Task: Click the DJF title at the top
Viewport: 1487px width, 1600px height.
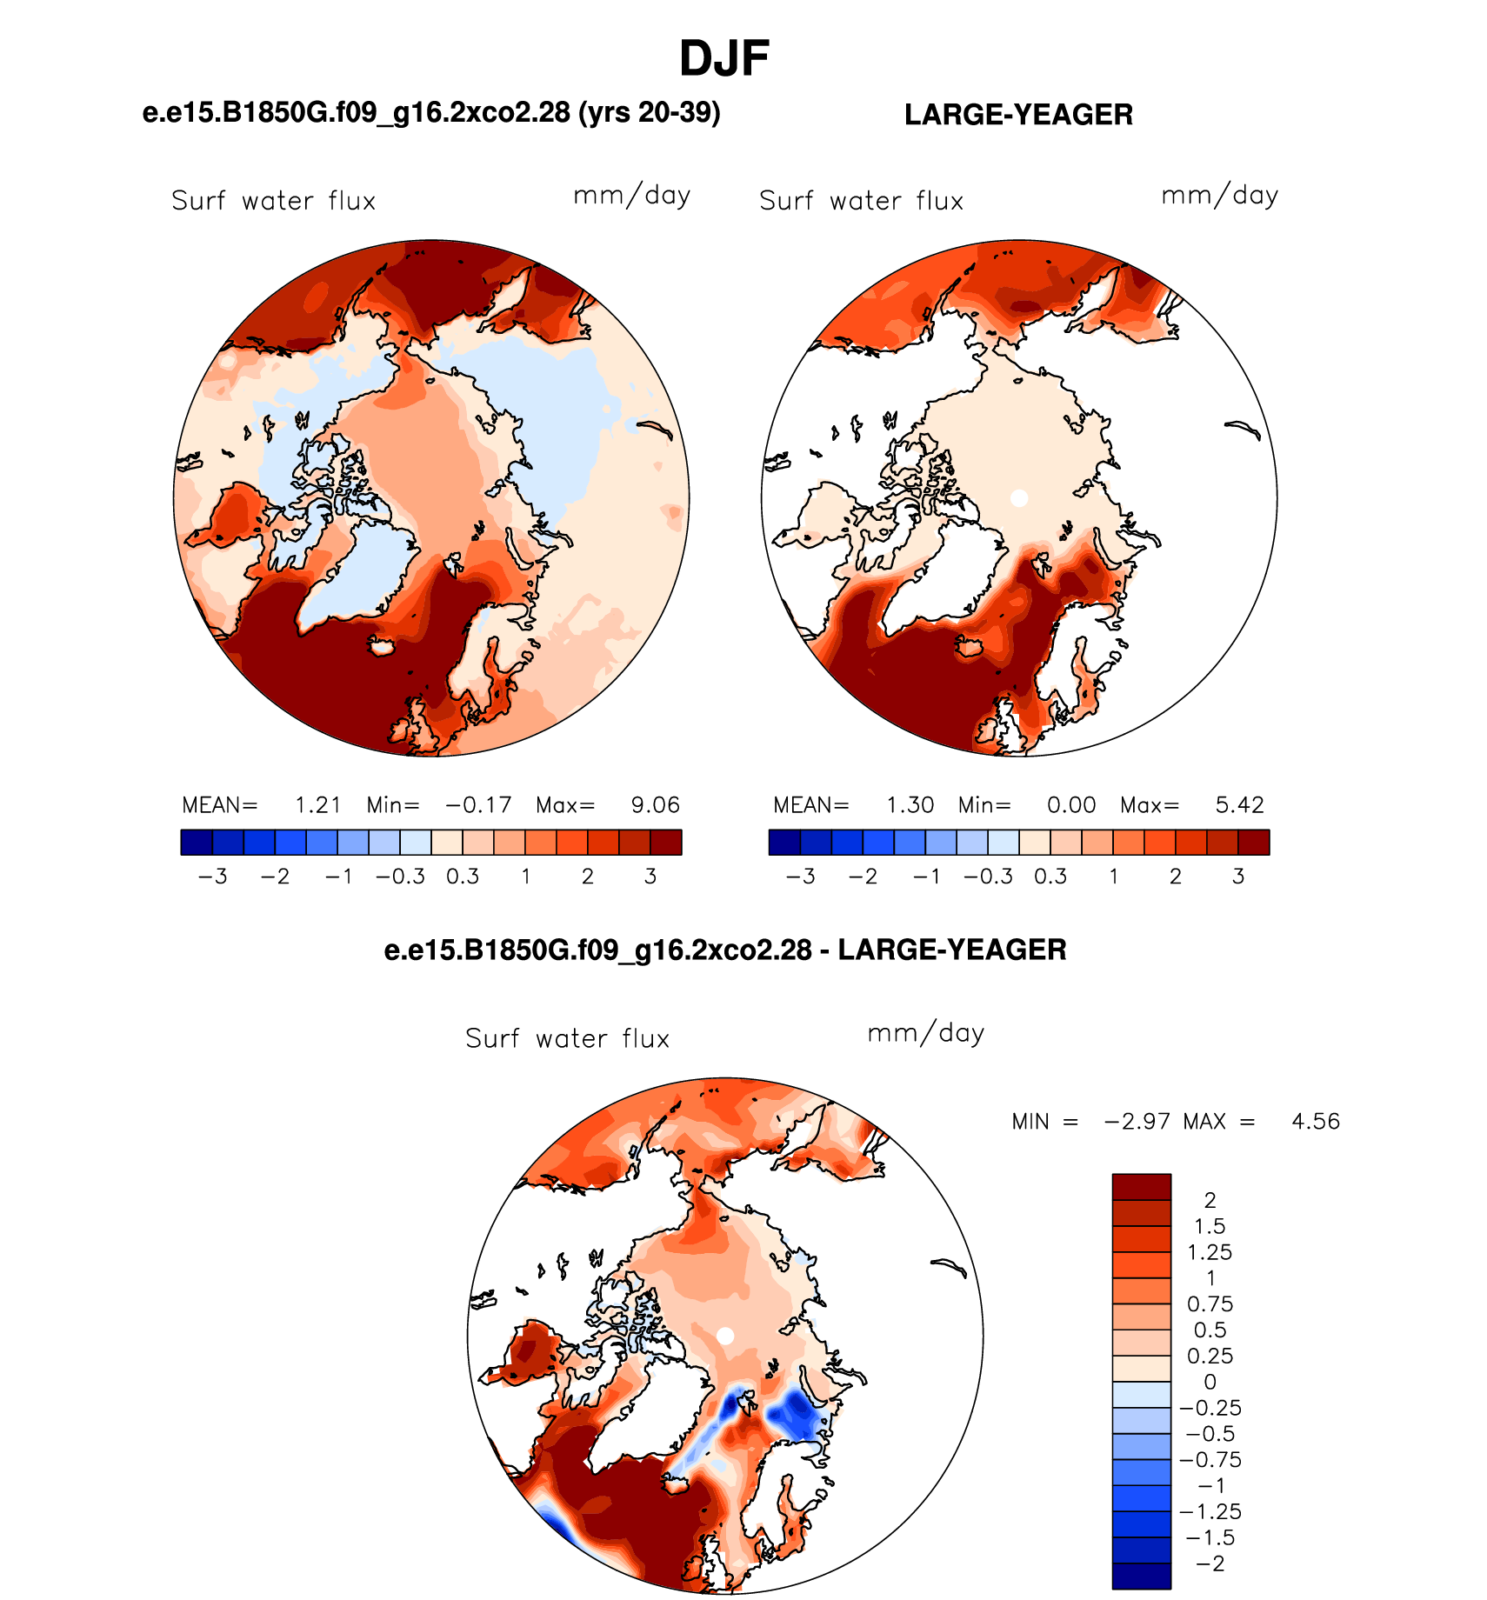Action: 723,59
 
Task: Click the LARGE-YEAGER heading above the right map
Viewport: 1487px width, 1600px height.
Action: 1018,115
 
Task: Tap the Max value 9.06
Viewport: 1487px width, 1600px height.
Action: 655,805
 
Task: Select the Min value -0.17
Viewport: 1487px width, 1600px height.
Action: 478,805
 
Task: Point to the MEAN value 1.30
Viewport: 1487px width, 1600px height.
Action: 910,805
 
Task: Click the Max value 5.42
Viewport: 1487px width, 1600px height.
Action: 1239,805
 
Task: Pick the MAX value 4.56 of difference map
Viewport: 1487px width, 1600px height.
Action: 1315,1122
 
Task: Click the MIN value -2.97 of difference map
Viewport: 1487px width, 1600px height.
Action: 1137,1122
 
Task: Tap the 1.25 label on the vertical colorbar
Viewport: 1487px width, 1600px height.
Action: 1210,1252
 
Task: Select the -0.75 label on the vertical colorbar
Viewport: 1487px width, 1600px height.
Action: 1210,1460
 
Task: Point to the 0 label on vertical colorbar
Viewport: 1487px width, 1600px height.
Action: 1210,1382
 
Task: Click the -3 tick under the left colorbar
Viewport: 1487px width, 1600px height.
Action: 212,877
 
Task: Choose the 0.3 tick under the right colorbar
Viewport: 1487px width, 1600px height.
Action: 1050,877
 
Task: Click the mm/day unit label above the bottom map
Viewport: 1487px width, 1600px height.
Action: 926,1033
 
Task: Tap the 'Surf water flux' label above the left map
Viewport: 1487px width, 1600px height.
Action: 274,201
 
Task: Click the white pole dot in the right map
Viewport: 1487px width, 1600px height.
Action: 1019,498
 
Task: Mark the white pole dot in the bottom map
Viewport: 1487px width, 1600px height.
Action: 725,1336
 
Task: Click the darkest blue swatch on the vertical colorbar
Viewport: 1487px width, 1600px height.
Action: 1141,1577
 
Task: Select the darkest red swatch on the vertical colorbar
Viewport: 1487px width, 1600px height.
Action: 1141,1187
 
